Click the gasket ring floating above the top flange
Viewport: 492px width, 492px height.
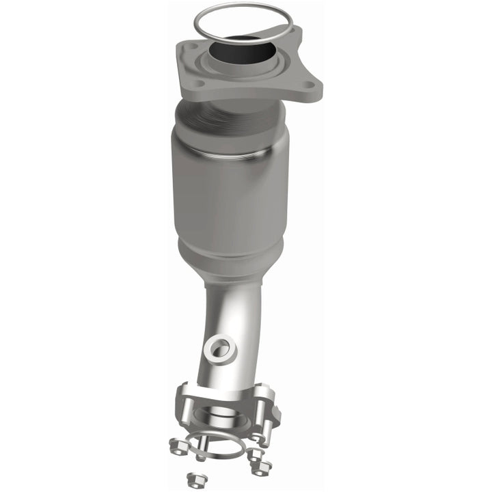pyautogui.click(x=205, y=20)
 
